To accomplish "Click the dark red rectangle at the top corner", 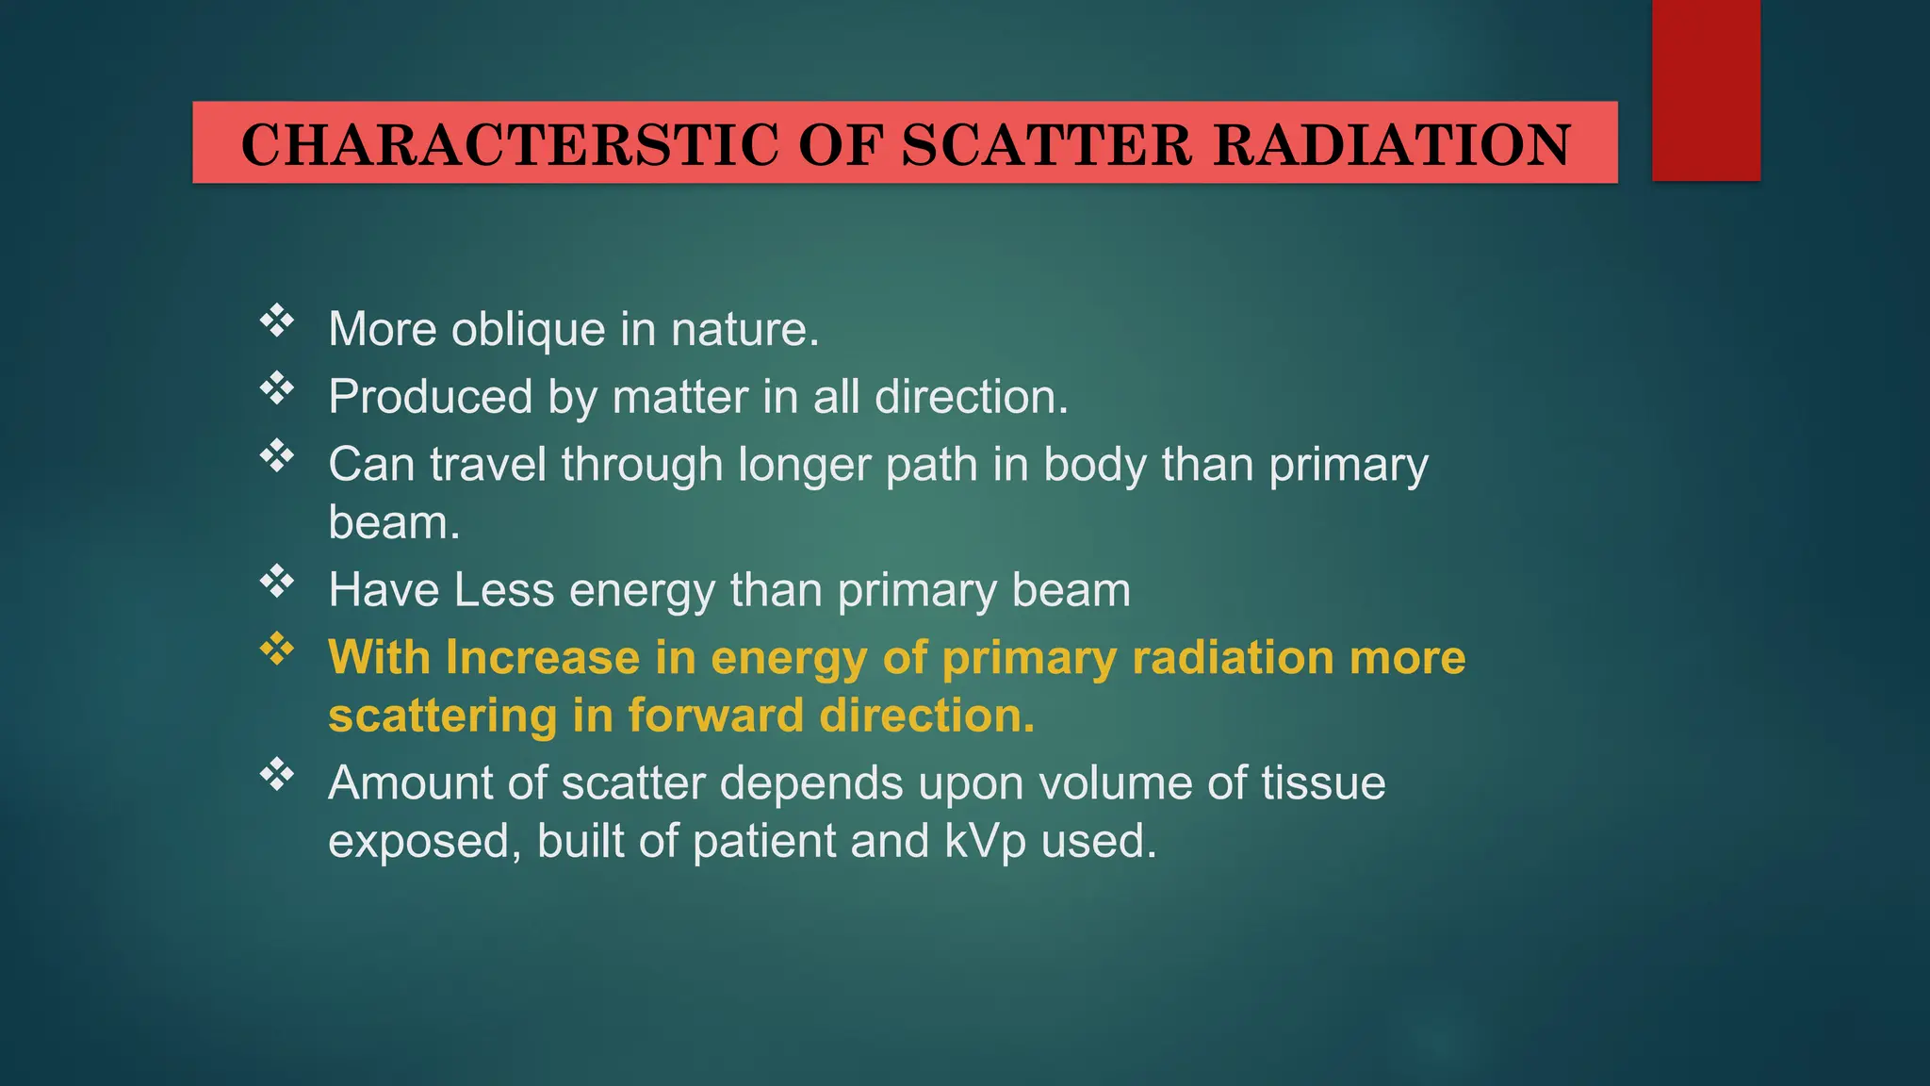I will click(1706, 90).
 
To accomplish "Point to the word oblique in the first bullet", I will click(528, 330).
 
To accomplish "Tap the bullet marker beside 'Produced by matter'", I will click(277, 387).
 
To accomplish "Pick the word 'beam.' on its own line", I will click(394, 522).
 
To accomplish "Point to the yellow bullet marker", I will click(277, 649).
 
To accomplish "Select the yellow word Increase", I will click(543, 657).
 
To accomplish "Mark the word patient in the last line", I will click(764, 841).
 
